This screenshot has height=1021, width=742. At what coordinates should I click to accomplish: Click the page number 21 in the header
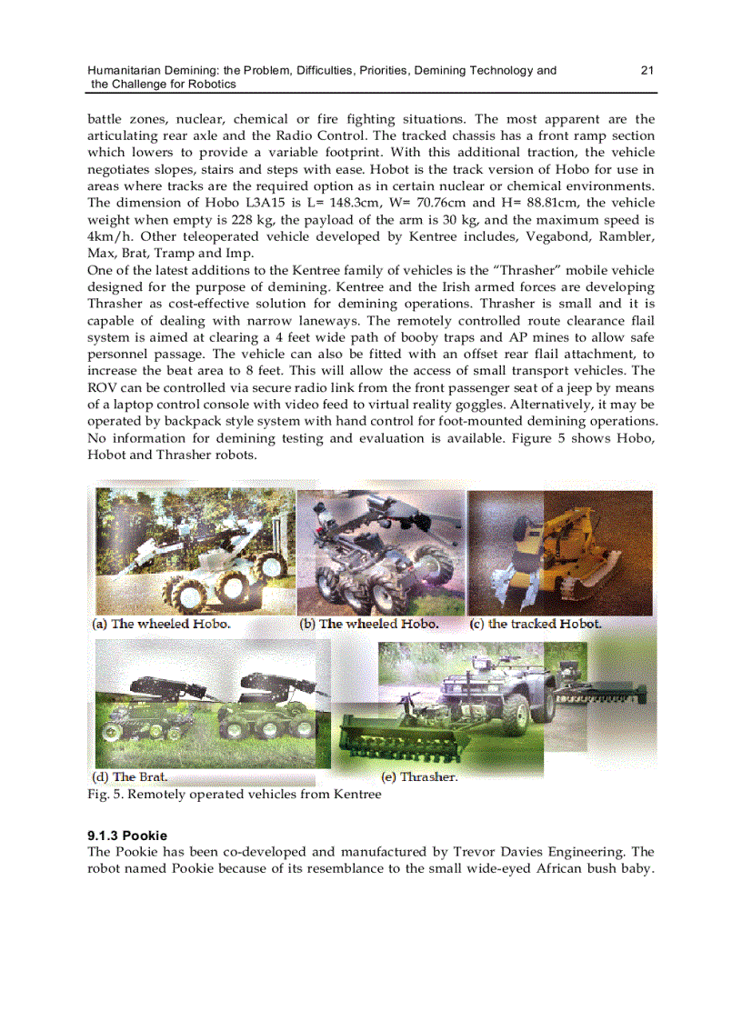(647, 70)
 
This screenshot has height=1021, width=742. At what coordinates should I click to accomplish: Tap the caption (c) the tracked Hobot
(536, 624)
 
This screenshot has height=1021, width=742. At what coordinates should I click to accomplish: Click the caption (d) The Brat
(130, 777)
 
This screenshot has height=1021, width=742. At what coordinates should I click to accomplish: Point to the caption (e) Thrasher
(419, 778)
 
